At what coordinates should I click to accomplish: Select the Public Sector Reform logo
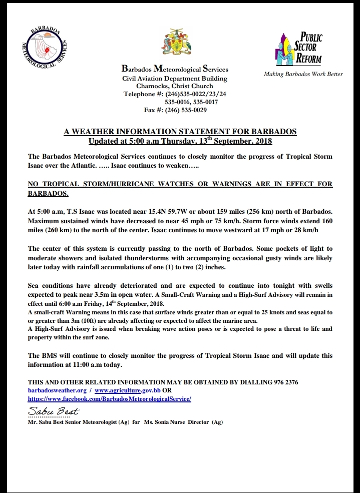[x=300, y=48]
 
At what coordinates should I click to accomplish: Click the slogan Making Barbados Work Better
[x=303, y=74]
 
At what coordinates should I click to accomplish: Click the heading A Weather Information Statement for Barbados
[x=180, y=132]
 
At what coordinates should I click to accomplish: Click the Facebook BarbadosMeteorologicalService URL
[x=110, y=398]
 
